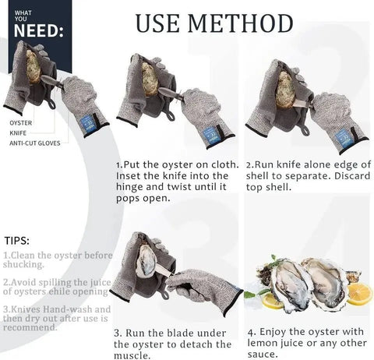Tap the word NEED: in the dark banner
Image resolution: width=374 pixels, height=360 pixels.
click(34, 30)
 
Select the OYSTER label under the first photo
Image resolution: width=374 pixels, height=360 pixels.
click(21, 123)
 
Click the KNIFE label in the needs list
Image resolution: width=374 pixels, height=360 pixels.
click(19, 132)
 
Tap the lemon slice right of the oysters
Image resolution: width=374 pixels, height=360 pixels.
click(360, 292)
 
